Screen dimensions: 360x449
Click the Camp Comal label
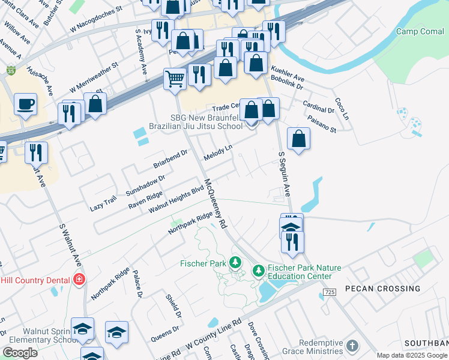pos(420,31)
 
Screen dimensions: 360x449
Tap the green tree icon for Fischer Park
pos(236,263)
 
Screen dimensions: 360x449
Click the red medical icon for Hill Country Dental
pos(78,279)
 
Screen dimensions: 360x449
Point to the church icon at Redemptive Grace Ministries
pos(352,346)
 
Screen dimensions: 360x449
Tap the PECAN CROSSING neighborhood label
pos(382,289)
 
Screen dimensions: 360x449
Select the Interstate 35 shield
pos(11,70)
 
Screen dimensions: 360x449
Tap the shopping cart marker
pos(175,78)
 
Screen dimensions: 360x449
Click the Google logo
pos(20,353)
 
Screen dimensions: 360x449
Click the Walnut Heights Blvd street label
pos(176,199)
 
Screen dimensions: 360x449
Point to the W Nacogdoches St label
pos(96,19)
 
